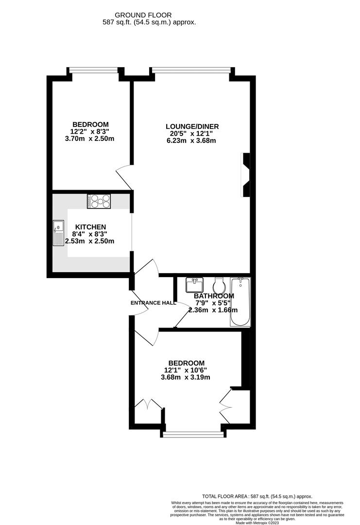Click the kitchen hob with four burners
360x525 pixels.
[99, 201]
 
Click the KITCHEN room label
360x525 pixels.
[90, 227]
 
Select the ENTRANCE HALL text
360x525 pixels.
[154, 303]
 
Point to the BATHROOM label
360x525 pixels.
[214, 296]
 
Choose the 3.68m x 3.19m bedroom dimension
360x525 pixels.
[187, 377]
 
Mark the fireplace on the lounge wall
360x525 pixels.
[246, 175]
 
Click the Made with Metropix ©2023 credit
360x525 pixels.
[257, 523]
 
